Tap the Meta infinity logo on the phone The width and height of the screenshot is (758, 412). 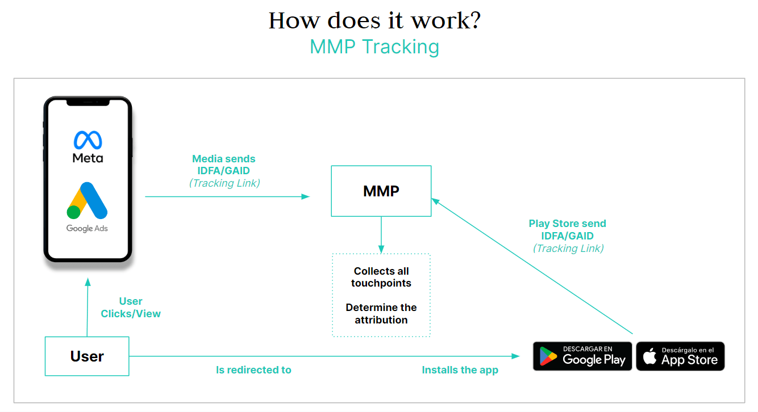88,140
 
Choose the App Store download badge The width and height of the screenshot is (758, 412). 680,356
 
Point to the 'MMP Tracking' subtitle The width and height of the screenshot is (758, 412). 374,47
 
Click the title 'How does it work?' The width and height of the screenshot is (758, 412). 374,20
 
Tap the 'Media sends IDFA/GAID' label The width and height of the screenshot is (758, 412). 224,165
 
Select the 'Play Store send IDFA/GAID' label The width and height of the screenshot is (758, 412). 568,229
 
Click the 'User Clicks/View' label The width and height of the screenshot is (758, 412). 131,307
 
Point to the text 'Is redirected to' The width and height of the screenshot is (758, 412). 253,370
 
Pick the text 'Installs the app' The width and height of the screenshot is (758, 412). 460,370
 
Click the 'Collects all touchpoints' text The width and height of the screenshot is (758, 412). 381,277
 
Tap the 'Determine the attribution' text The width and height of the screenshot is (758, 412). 381,313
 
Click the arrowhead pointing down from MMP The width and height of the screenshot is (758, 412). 381,250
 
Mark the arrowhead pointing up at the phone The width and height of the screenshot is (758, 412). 88,281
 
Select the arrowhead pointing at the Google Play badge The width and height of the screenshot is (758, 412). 515,356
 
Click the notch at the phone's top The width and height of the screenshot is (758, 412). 88,102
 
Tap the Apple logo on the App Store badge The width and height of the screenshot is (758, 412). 649,356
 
